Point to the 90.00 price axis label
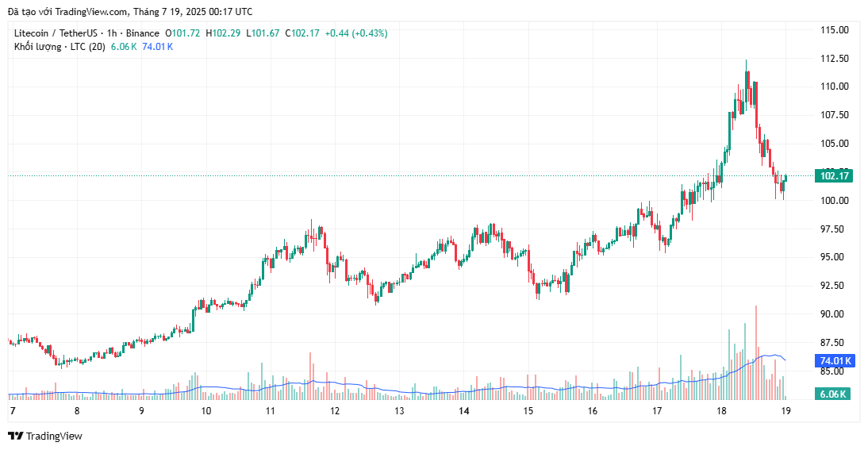[833, 314]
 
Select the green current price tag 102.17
[835, 176]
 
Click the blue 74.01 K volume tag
[835, 361]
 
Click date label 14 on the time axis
[464, 411]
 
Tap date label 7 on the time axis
[13, 411]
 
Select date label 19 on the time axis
[786, 411]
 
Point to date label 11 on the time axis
[271, 411]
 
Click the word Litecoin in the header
[33, 33]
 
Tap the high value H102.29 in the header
[225, 33]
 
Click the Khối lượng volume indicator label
[39, 47]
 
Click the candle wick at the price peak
[747, 64]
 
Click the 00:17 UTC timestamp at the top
[230, 12]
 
